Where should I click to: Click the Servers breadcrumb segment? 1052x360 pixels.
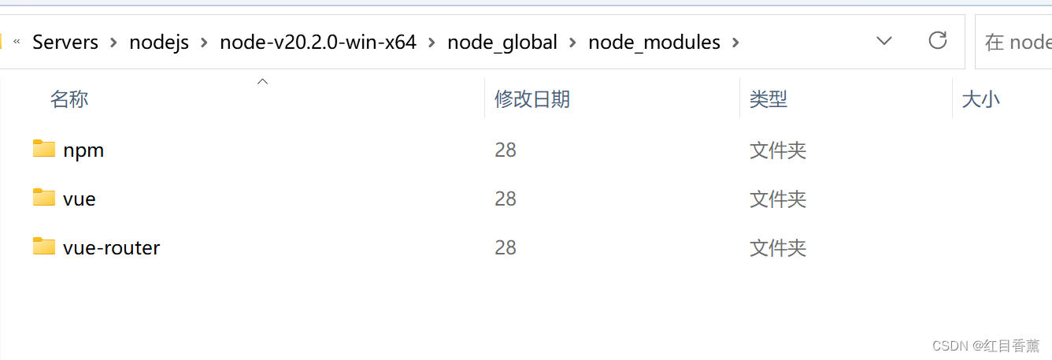[x=65, y=42]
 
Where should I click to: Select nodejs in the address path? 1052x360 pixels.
[x=159, y=42]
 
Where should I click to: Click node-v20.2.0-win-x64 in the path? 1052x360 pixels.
[x=317, y=42]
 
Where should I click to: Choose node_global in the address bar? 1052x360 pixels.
[x=502, y=42]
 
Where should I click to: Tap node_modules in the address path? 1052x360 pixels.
[x=654, y=42]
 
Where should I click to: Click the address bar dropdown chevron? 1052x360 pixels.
[x=884, y=41]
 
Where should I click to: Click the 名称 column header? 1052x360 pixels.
[x=69, y=99]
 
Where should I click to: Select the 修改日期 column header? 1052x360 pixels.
[x=532, y=99]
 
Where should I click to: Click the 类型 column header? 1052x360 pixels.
[x=768, y=99]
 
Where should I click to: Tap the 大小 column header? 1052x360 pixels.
[x=980, y=99]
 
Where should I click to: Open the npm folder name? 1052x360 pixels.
[x=83, y=150]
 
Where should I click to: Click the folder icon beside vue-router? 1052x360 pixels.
[x=44, y=247]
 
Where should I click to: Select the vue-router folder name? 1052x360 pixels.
[x=111, y=247]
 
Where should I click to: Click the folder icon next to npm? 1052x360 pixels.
[x=44, y=149]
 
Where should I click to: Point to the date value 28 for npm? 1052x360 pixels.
[x=506, y=150]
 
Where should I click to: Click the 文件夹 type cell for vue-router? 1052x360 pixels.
[x=778, y=248]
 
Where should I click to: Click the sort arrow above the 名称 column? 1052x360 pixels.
[x=263, y=81]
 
